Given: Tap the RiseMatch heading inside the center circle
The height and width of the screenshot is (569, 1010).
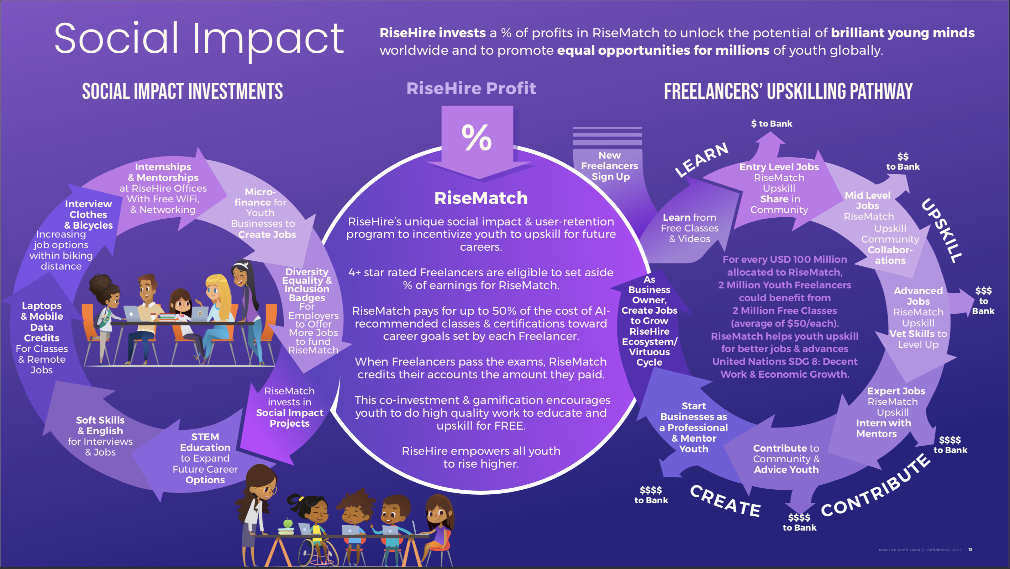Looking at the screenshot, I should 481,198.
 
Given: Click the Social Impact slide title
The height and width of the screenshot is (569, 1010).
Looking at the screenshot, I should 199,39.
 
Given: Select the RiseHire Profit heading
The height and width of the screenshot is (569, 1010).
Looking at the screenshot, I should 471,89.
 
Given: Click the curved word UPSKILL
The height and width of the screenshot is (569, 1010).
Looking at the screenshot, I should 941,230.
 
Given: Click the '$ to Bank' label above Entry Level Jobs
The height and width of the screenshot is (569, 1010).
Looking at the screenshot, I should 771,123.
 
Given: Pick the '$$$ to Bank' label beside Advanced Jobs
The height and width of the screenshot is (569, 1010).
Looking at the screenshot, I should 983,301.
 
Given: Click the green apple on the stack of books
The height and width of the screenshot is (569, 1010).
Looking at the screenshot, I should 288,523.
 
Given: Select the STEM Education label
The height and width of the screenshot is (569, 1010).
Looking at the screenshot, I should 205,442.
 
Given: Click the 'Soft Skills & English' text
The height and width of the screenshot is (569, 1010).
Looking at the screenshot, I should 100,426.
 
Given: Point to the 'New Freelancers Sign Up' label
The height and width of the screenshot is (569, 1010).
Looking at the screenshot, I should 610,166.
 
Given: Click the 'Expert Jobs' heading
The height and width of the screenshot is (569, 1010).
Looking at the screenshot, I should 896,391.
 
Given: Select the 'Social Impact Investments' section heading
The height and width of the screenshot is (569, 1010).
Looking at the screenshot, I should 182,91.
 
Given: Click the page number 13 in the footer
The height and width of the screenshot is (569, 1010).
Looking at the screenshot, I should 970,549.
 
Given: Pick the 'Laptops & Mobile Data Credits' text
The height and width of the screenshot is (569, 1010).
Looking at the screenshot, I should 42,321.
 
